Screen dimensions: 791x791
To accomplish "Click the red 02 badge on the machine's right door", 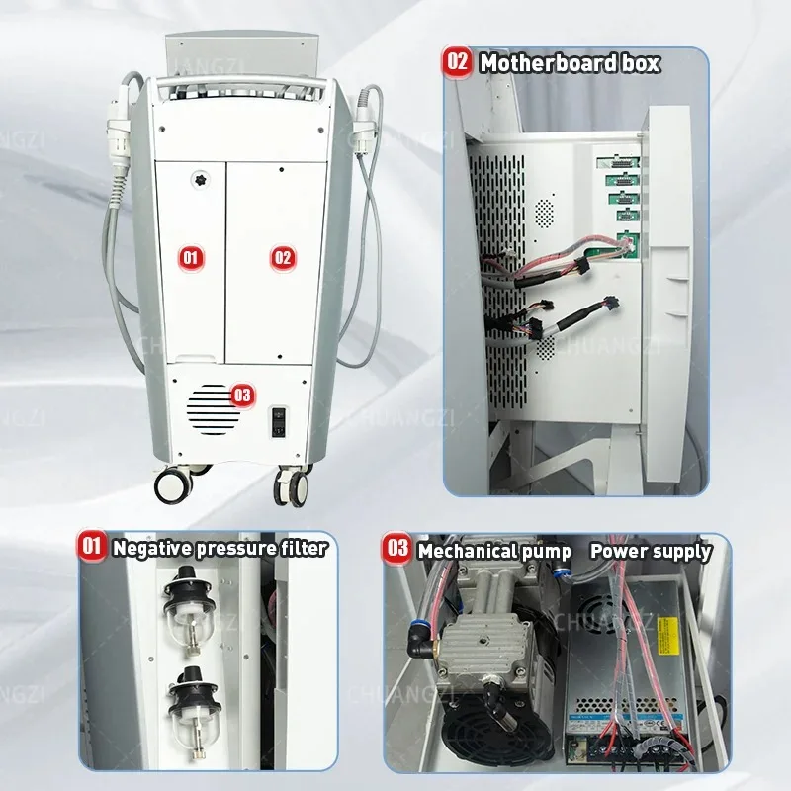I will [x=283, y=258].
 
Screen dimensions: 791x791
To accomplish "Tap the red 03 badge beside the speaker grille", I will [x=241, y=395].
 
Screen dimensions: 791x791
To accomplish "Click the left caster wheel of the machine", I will [x=172, y=483].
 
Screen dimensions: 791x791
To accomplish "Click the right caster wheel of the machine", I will [x=294, y=485].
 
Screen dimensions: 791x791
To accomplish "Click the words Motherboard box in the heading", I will [x=570, y=63].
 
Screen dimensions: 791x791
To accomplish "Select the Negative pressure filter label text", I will [x=219, y=547].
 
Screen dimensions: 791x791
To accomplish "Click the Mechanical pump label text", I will [x=493, y=550].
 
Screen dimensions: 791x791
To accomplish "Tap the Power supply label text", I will [x=650, y=550].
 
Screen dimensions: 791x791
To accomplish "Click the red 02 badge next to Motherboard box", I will [x=458, y=62].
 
